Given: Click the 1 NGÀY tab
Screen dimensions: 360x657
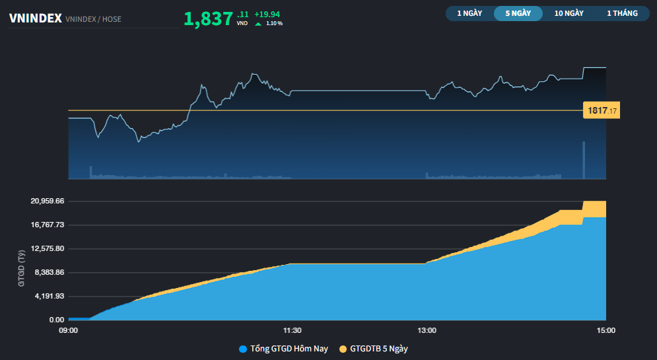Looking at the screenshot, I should pos(469,13).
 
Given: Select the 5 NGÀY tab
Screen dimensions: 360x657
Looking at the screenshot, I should pos(518,13).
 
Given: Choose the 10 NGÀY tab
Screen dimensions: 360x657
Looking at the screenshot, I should pos(569,13).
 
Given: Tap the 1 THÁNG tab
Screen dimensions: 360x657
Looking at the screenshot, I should pos(622,13).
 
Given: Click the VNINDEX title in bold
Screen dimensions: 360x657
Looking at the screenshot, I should pos(35,18).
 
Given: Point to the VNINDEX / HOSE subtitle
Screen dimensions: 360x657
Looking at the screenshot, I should pos(93,19).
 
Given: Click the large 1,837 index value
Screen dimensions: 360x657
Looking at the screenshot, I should pos(208,18).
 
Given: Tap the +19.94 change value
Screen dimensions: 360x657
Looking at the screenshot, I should pos(267,14).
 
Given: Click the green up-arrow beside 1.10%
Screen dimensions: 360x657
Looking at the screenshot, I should pos(258,24).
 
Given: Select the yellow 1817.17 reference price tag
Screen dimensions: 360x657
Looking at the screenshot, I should pos(601,110).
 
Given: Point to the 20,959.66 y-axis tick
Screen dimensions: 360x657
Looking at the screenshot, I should pos(48,201).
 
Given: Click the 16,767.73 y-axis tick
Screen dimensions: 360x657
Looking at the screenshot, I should pos(48,225).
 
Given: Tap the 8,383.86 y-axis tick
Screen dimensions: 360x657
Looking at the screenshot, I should pos(48,272).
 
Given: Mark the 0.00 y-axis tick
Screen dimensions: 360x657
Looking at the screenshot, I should pos(57,320).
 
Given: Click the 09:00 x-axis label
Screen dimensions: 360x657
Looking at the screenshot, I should pos(69,330).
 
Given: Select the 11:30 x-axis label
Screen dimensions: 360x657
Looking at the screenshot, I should pos(293,330).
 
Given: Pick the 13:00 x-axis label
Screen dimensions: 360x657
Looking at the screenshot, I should pos(427,330).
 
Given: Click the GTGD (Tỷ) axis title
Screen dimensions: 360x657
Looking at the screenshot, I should pos(21,268).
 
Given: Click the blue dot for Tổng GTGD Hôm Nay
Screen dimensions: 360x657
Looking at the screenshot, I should pos(243,349).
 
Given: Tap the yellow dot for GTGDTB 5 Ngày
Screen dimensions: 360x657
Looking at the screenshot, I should pos(343,349).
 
